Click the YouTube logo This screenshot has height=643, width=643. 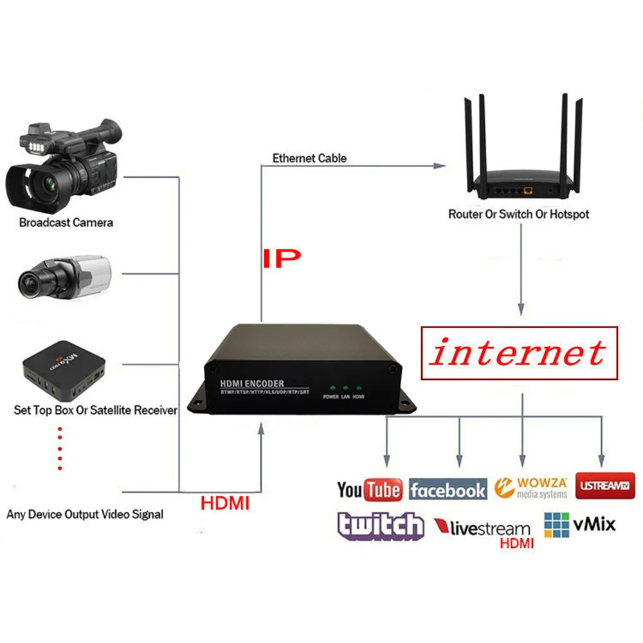coord(370,491)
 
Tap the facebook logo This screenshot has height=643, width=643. coord(448,491)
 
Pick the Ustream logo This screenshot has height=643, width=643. coord(605,485)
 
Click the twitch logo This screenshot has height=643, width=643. coord(381,527)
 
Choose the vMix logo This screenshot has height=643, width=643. coord(579,525)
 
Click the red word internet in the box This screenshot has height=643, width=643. coord(518,353)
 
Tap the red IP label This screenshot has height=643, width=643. coord(282,258)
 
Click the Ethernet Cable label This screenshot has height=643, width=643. coord(309,158)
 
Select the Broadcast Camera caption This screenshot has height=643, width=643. coord(66,223)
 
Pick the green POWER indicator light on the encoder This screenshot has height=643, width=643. coord(332,388)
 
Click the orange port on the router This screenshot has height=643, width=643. coord(529,190)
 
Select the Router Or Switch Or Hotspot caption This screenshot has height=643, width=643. coord(518,214)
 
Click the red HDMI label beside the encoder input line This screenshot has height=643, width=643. coord(225,503)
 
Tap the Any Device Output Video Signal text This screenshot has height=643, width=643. coord(85,514)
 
